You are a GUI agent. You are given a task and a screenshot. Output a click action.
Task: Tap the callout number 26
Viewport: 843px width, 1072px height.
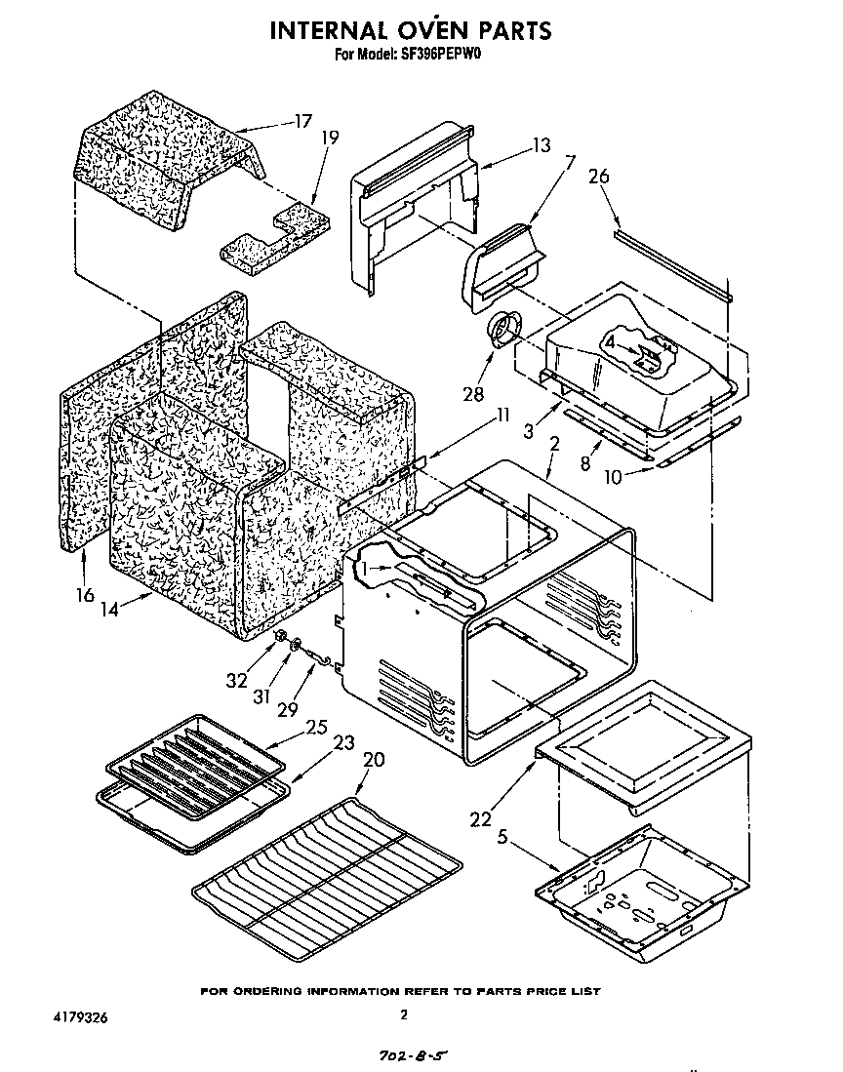point(599,177)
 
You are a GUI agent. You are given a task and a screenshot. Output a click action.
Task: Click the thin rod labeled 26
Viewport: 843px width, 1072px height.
point(673,265)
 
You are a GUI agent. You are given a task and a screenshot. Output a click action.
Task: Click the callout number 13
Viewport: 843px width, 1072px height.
point(541,145)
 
